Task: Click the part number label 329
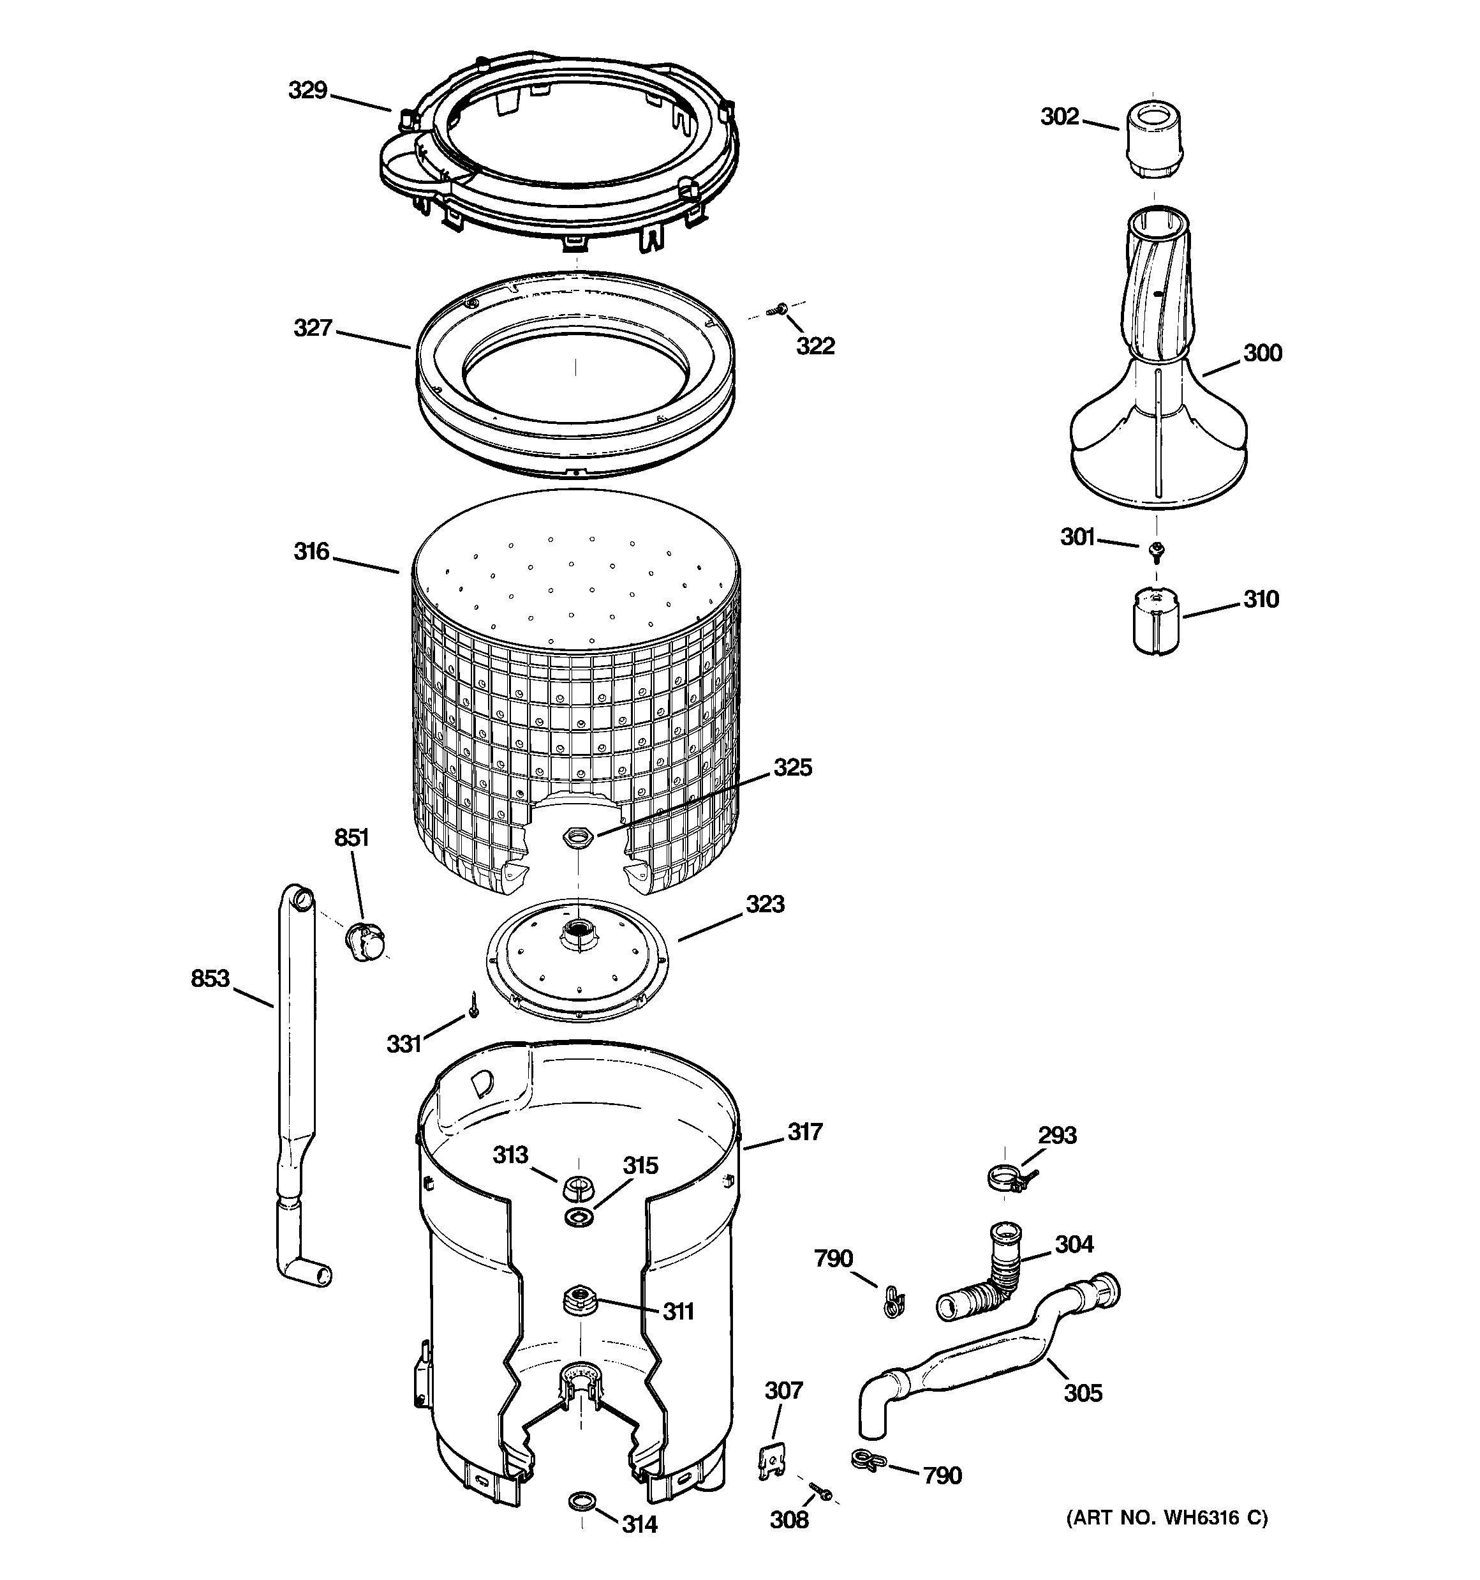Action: pyautogui.click(x=307, y=91)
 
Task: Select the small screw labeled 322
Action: pyautogui.click(x=781, y=308)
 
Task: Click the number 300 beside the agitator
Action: pyautogui.click(x=1262, y=353)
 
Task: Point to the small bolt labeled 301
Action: pyautogui.click(x=1157, y=548)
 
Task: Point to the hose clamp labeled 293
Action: pyautogui.click(x=1008, y=1177)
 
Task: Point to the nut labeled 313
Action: pyautogui.click(x=579, y=1189)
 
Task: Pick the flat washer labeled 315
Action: pyautogui.click(x=579, y=1216)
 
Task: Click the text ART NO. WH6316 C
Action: pyautogui.click(x=1166, y=1518)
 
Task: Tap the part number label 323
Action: pyautogui.click(x=764, y=905)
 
